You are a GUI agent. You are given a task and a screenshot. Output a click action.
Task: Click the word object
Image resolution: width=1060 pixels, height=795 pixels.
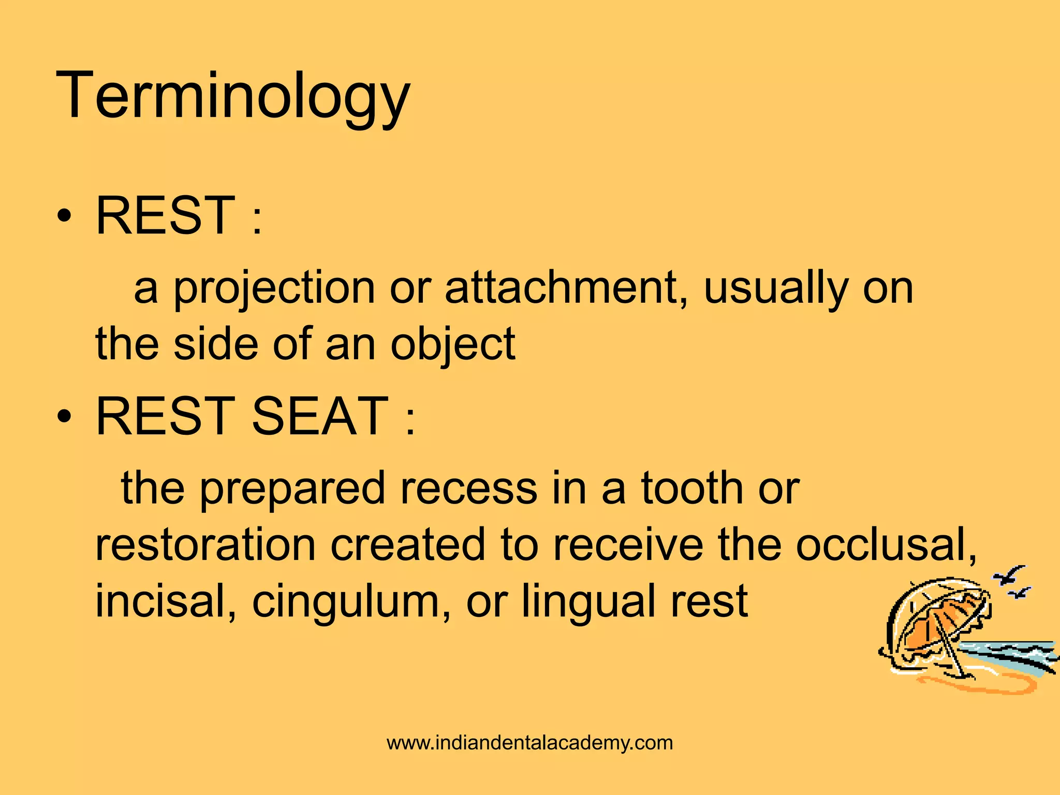(x=453, y=345)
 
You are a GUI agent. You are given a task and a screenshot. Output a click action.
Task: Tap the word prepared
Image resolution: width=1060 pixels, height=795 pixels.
(x=292, y=489)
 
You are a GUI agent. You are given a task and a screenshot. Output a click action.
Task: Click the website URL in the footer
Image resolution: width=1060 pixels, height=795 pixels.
(x=529, y=743)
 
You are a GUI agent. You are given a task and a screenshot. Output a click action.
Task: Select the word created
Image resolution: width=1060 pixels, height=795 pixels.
(x=409, y=544)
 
